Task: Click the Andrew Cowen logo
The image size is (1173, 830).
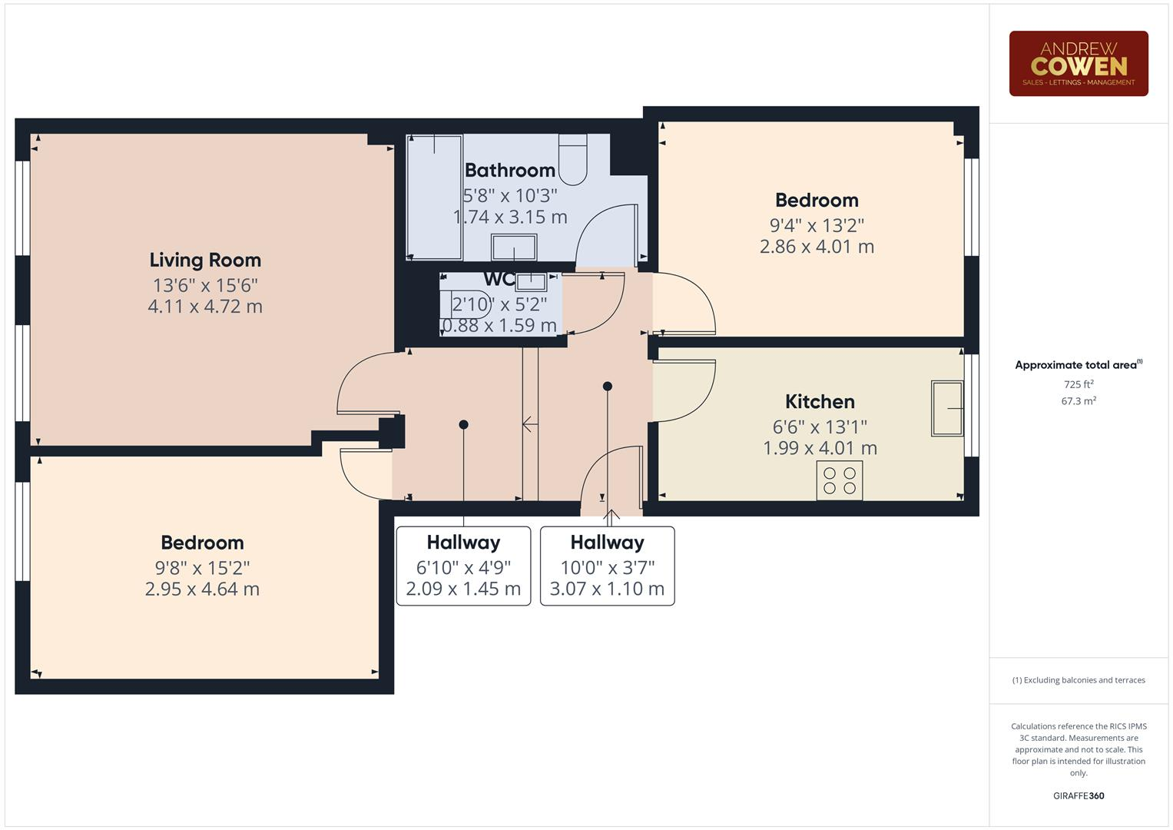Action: pos(1078,64)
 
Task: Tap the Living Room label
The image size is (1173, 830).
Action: pos(205,260)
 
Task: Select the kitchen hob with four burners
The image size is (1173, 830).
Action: pos(839,480)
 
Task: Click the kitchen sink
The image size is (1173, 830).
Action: pos(947,409)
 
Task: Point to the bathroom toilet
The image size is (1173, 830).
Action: pos(572,159)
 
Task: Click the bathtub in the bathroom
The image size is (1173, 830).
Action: pos(434,198)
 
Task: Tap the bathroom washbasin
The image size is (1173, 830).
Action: pos(514,247)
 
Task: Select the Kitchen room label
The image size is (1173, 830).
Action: pos(820,401)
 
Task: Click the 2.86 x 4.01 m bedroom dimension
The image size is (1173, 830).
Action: pos(817,247)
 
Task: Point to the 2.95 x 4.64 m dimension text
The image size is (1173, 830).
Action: pos(202,589)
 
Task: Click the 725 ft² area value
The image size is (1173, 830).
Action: pos(1079,384)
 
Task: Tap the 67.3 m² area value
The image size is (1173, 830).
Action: pos(1079,401)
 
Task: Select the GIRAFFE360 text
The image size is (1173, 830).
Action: pos(1079,795)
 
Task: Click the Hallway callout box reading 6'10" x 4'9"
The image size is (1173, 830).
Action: pos(463,566)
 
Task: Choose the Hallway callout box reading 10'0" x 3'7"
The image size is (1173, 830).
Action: pos(607,566)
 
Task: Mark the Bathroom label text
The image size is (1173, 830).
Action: pos(510,170)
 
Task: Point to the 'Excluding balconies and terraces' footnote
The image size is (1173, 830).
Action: pos(1079,680)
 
